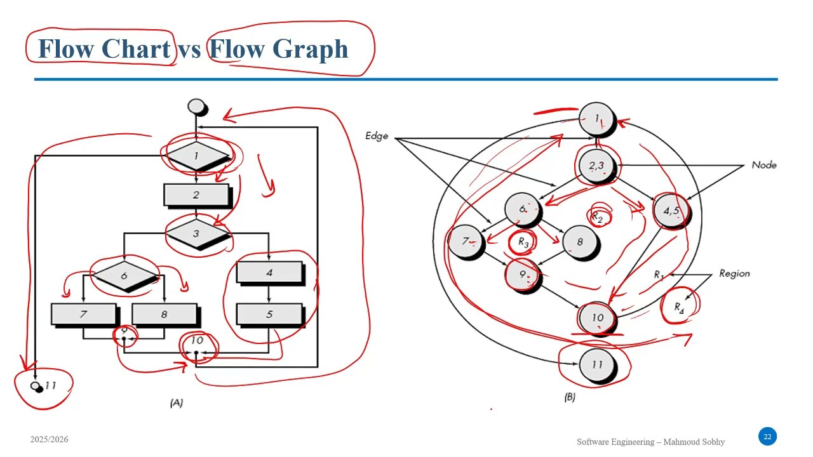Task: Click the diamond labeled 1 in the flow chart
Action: pyautogui.click(x=196, y=156)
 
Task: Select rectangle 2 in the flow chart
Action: pyautogui.click(x=196, y=195)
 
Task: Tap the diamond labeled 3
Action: pyautogui.click(x=196, y=234)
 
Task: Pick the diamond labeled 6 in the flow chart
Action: pyautogui.click(x=124, y=275)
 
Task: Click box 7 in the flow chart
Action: pyautogui.click(x=83, y=314)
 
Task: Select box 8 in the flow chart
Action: pyautogui.click(x=164, y=314)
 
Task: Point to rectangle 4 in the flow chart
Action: pyautogui.click(x=269, y=272)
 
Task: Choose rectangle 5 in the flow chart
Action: pyautogui.click(x=269, y=314)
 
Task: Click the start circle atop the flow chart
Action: pyautogui.click(x=197, y=106)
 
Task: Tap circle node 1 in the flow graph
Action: pyautogui.click(x=596, y=119)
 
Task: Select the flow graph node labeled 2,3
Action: pyautogui.click(x=596, y=166)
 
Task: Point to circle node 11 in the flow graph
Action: pyautogui.click(x=596, y=364)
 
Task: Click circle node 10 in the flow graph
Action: pyautogui.click(x=596, y=318)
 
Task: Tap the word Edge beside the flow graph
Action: pyautogui.click(x=377, y=136)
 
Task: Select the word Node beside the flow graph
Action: pyautogui.click(x=763, y=165)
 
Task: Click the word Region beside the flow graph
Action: pyautogui.click(x=734, y=274)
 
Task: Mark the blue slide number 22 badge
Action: pyautogui.click(x=767, y=437)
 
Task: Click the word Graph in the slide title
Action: pyautogui.click(x=311, y=49)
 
